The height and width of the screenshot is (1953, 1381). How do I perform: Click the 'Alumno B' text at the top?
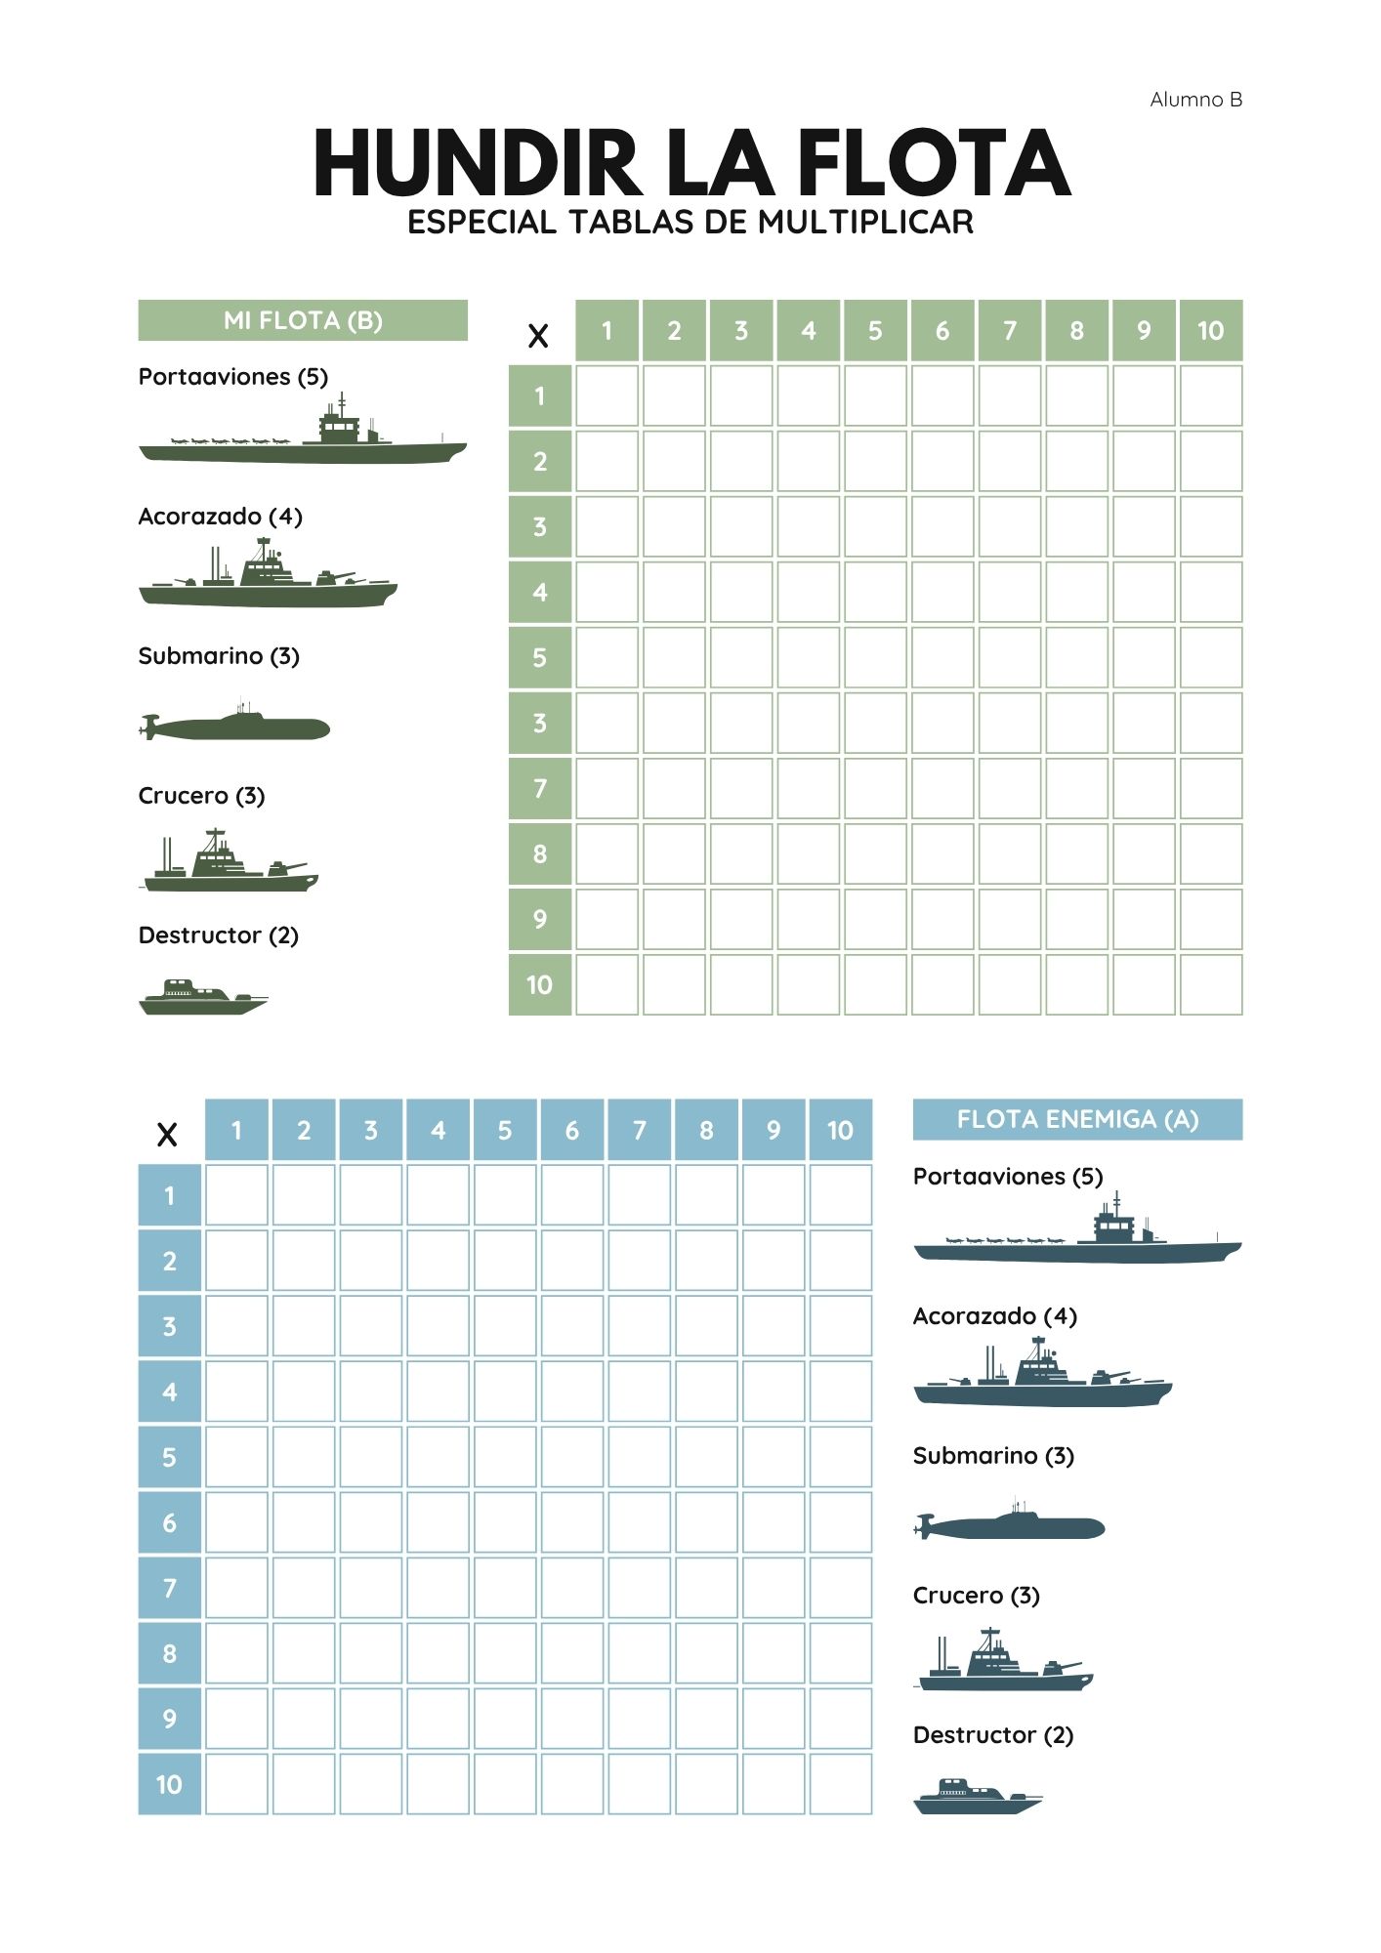click(x=1195, y=100)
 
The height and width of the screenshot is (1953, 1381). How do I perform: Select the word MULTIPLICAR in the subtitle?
click(x=865, y=223)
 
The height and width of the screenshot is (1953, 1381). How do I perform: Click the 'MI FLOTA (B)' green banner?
click(x=303, y=320)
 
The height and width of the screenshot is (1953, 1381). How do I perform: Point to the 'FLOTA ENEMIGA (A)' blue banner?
click(x=1077, y=1119)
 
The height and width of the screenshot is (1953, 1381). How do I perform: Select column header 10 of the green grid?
click(x=1210, y=331)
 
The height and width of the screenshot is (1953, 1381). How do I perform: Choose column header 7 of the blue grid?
click(x=639, y=1130)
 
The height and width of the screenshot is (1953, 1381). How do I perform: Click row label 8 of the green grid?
click(x=540, y=854)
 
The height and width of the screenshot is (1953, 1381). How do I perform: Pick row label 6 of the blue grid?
click(x=170, y=1522)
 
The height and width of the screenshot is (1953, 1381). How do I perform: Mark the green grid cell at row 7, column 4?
click(x=809, y=789)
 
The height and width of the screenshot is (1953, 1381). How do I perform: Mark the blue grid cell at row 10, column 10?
click(x=840, y=1784)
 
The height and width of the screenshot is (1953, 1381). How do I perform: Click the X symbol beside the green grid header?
click(x=538, y=337)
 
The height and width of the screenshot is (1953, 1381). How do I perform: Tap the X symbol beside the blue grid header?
click(x=167, y=1136)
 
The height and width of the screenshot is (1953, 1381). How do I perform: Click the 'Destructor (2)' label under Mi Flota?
click(x=218, y=935)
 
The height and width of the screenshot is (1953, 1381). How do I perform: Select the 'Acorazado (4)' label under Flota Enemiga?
click(x=994, y=1316)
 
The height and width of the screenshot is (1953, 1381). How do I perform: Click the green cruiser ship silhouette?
click(x=230, y=863)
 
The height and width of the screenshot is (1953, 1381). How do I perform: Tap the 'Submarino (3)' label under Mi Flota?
click(x=219, y=656)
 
